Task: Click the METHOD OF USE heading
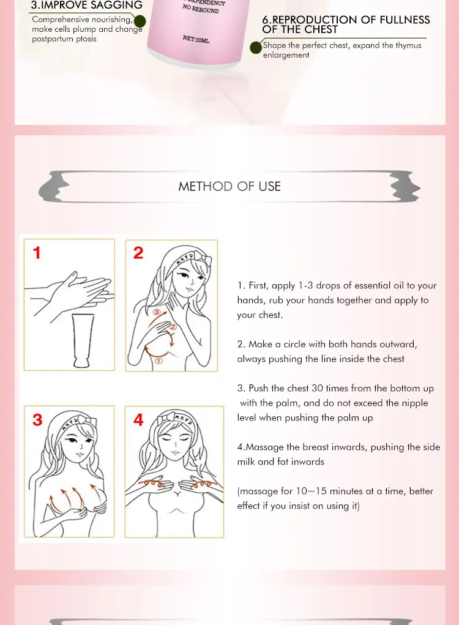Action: (x=229, y=186)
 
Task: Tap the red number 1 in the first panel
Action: (x=37, y=253)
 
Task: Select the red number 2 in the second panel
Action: (x=138, y=253)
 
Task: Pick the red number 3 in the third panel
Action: (x=37, y=420)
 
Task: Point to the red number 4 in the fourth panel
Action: (x=138, y=420)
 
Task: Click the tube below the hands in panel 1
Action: (x=83, y=340)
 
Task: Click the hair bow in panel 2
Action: (x=203, y=258)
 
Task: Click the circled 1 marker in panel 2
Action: (x=158, y=361)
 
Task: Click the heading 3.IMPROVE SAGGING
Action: (x=87, y=5)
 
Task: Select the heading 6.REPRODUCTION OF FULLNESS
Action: (x=346, y=20)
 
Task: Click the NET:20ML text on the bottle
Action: (x=196, y=39)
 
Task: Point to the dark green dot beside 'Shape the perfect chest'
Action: (x=256, y=48)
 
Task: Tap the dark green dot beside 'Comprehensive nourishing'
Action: (x=140, y=21)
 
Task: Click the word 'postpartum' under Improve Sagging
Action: (x=52, y=39)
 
